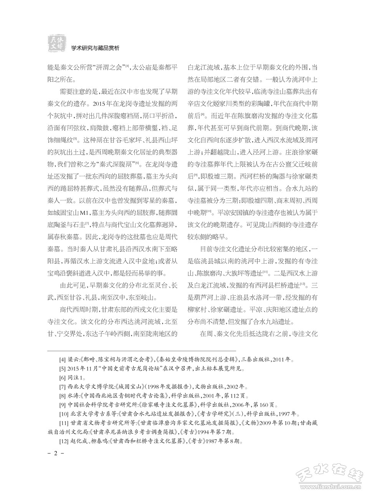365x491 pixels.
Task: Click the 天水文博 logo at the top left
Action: tap(56, 42)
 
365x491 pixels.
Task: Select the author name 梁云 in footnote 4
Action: tap(74, 360)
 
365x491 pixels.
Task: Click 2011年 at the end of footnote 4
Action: tap(285, 360)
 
